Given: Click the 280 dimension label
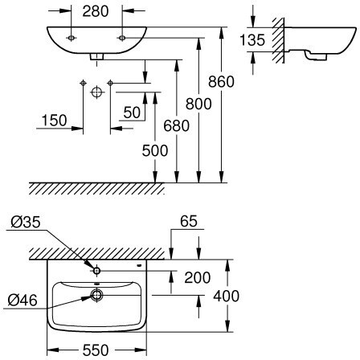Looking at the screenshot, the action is point(96,11).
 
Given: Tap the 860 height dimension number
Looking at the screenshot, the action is point(221,82).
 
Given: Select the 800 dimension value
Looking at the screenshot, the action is point(198,104).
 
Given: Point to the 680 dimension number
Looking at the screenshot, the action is point(176,126).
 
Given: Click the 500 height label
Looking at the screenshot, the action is point(155,150).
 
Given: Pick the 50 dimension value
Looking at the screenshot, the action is point(132,112).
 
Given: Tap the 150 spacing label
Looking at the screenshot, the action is point(54,121).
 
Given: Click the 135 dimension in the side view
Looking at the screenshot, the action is point(252,40).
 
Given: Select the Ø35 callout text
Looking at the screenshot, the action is point(26,223).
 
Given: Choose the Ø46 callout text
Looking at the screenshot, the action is point(22,300).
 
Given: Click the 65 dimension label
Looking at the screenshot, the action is point(189,221).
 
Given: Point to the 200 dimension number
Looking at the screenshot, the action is point(198,278).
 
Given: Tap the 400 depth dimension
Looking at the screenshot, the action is point(227,297).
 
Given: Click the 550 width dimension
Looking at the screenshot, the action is point(96,350).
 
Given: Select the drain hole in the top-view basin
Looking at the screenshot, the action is point(96,295).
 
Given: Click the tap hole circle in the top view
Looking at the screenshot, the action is point(96,271).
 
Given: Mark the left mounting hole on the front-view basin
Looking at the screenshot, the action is point(71,38).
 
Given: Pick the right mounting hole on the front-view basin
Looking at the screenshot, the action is point(122,38).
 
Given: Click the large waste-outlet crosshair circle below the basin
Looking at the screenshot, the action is point(97,92).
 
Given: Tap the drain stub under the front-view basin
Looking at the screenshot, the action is point(96,56).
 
